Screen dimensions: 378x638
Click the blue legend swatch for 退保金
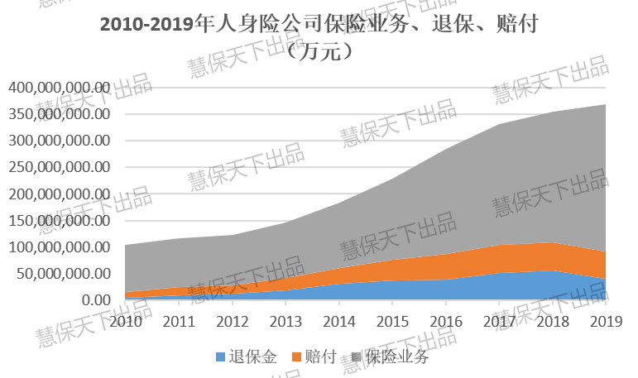pyautogui.click(x=219, y=357)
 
